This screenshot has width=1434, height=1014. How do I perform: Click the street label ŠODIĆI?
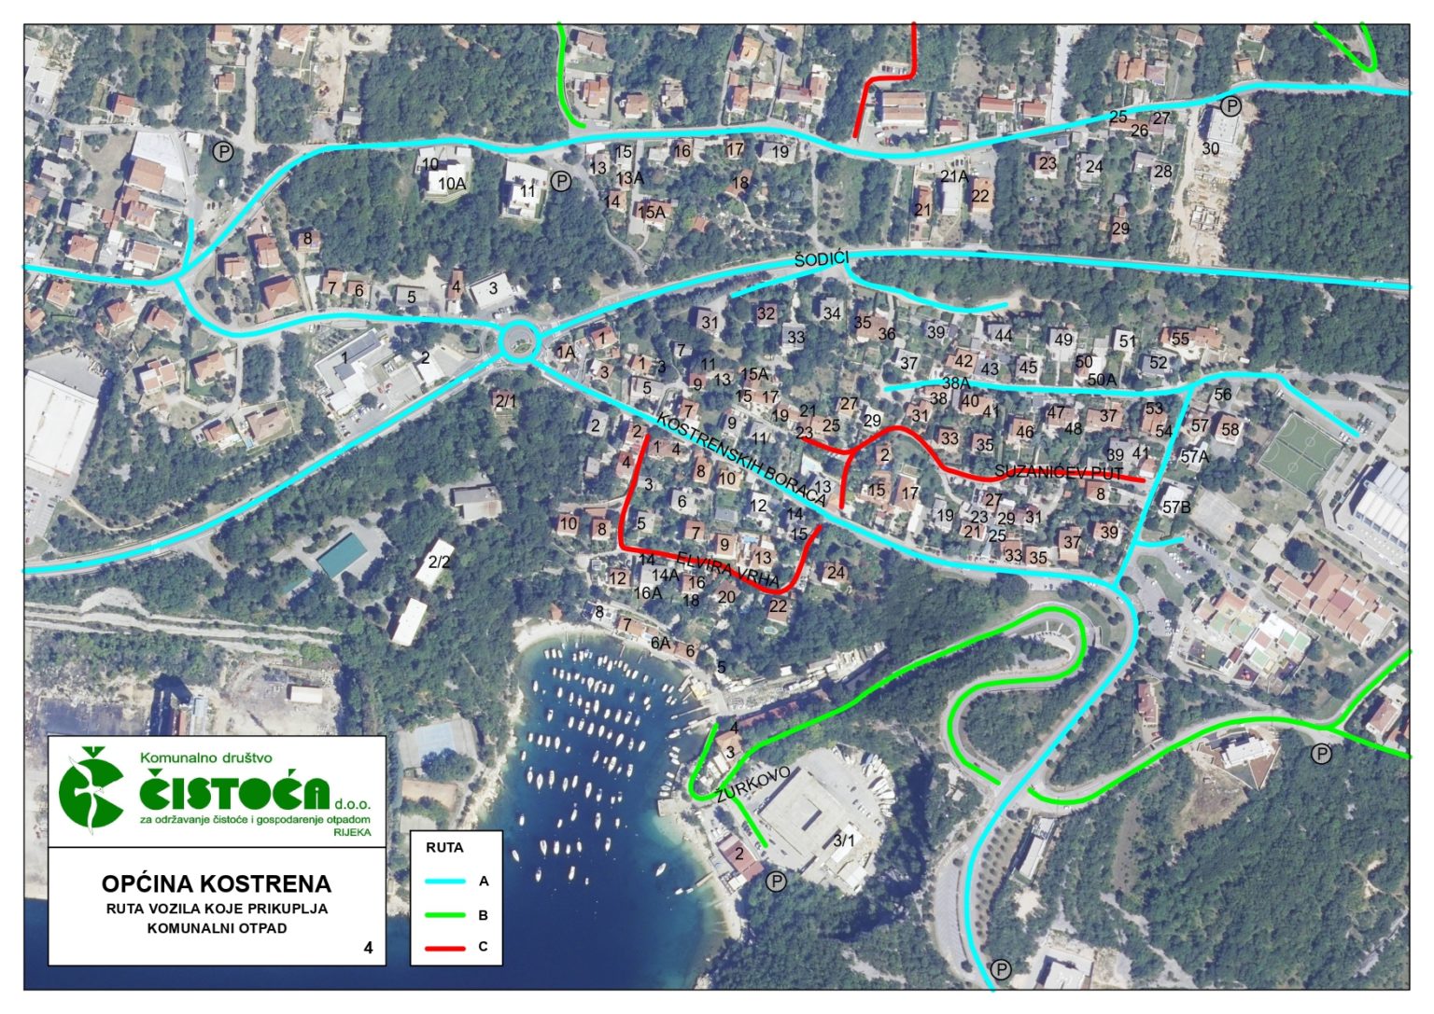pos(822,259)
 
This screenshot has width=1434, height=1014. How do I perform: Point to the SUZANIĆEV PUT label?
pos(1058,472)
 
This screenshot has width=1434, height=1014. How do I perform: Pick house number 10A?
pos(452,184)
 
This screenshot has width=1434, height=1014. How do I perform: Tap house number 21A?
pos(953,176)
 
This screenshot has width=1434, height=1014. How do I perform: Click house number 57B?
pos(1176,507)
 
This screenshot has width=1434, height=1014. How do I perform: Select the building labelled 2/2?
pos(439,562)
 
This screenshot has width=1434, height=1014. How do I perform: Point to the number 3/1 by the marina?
pos(844,840)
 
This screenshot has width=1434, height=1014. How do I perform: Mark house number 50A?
pos(1102,380)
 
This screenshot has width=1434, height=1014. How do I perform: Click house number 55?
pos(1180,339)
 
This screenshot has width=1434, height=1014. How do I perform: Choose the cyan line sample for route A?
pos(445,881)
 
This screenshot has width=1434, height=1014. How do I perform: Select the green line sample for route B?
pos(445,915)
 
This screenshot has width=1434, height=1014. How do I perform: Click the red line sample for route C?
pos(445,948)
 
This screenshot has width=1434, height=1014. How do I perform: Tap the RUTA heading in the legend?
pos(444,848)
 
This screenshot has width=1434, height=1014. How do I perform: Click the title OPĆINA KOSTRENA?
pos(217,883)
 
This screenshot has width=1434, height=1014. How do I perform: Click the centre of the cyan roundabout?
pos(518,340)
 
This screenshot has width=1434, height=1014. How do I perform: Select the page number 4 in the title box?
pos(369,948)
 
